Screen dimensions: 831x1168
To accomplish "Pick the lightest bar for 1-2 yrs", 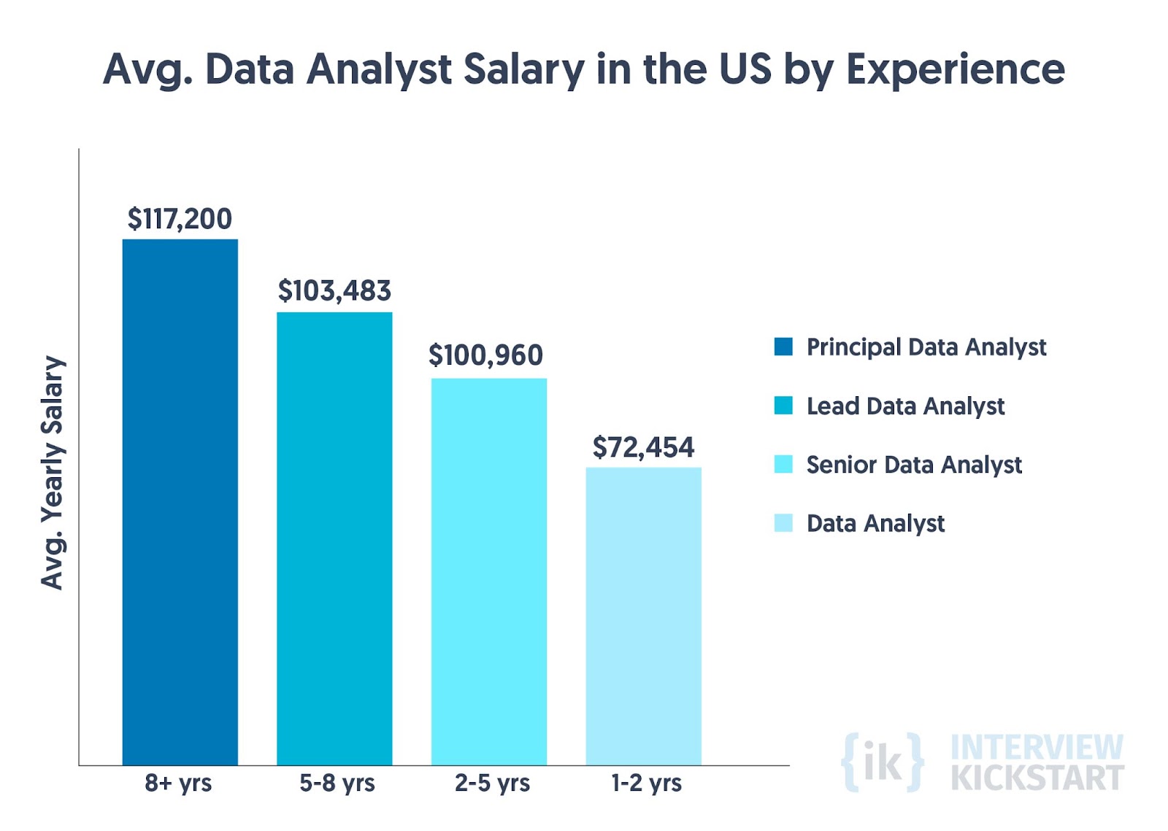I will click(643, 616).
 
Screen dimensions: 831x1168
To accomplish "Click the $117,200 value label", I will click(180, 219).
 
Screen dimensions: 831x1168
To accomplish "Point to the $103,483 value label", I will click(334, 291).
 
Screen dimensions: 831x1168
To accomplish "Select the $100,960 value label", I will click(485, 355).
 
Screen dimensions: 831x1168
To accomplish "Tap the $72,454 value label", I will click(643, 447).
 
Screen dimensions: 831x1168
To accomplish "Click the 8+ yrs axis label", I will click(178, 783).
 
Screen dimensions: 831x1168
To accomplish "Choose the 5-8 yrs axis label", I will click(337, 783).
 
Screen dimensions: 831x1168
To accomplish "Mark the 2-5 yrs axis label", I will click(492, 783).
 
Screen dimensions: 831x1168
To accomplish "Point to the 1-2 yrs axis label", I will click(646, 783).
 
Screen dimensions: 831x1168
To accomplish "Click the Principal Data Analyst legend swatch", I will click(783, 347).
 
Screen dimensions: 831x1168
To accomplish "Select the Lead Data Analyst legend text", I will click(905, 406).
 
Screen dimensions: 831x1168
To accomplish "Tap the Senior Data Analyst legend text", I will click(914, 465).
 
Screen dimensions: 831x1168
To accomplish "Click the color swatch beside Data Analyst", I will click(783, 523).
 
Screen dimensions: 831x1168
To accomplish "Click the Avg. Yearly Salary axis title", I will click(53, 473).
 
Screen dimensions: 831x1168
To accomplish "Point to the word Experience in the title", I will click(955, 70).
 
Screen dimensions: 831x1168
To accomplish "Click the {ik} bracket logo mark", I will click(882, 762).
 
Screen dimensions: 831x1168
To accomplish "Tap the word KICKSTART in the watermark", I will click(1037, 778).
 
